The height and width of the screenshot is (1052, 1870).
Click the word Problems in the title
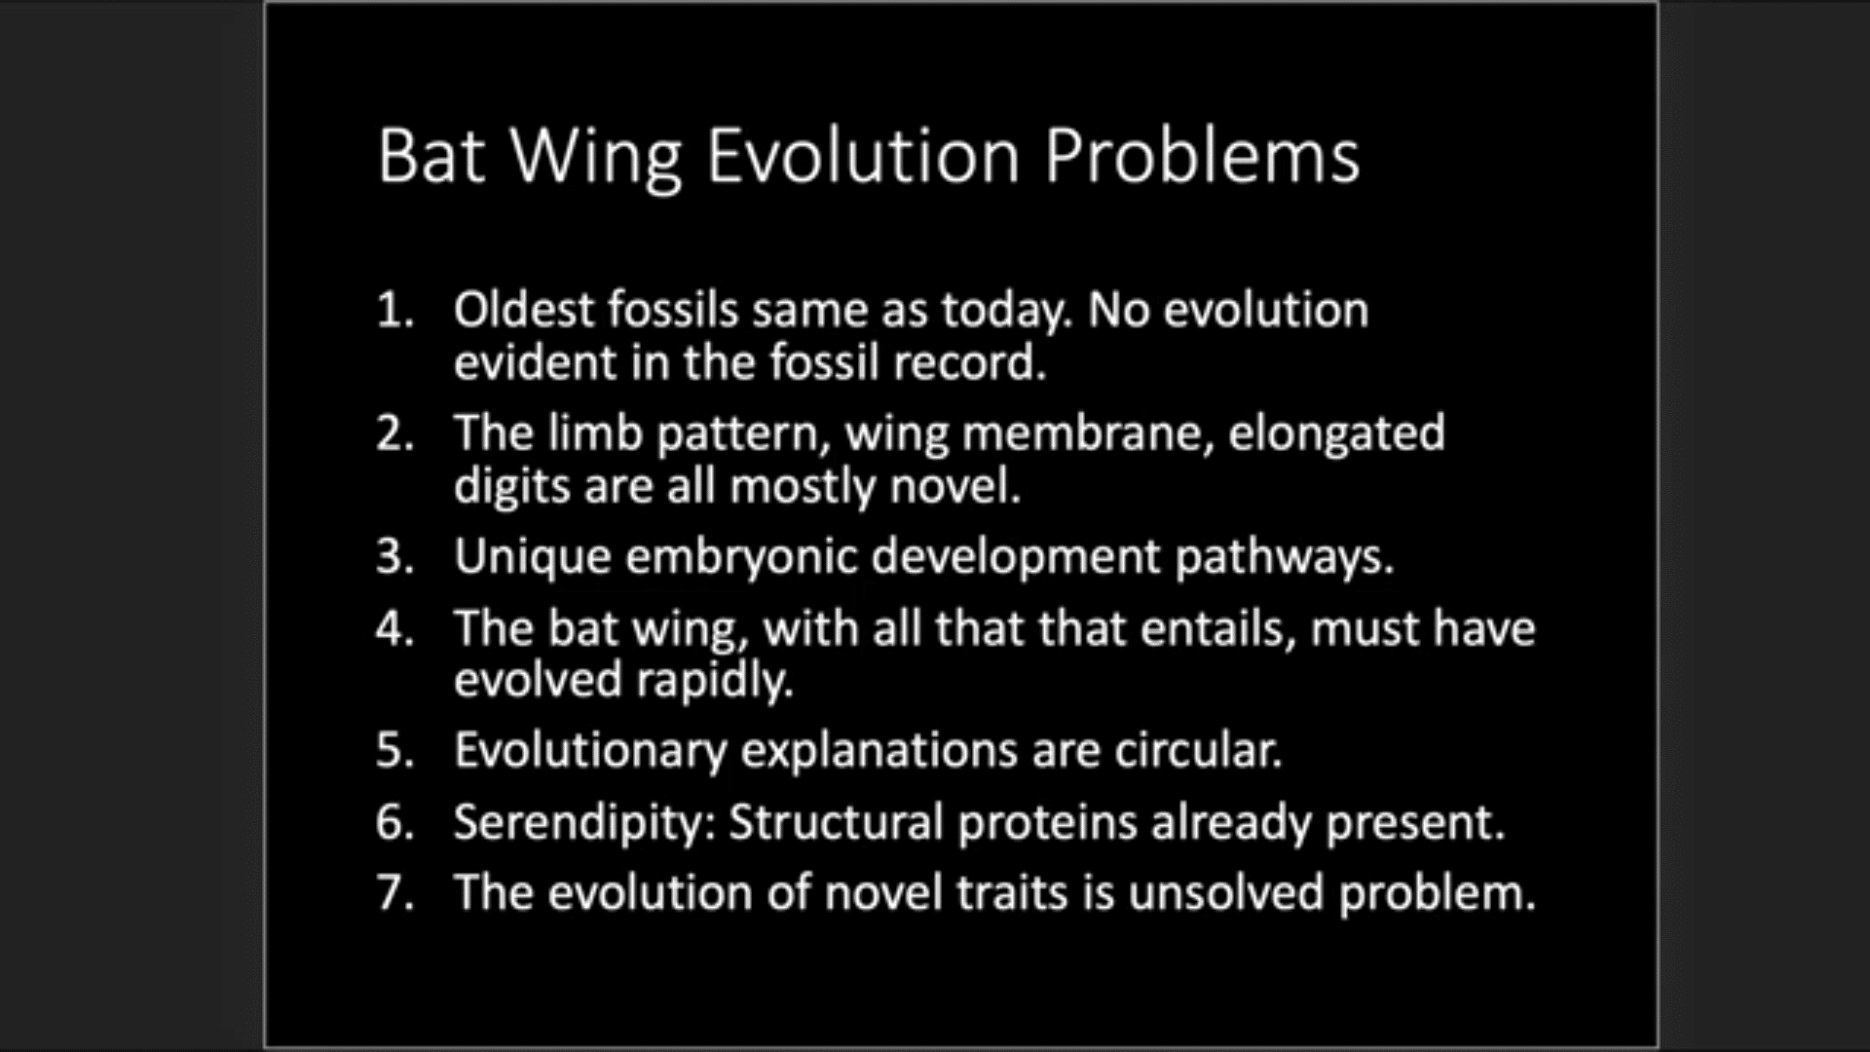(x=1202, y=156)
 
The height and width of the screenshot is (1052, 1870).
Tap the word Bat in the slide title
(x=430, y=156)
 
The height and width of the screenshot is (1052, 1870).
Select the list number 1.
(x=394, y=311)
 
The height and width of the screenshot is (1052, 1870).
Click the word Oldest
(x=523, y=310)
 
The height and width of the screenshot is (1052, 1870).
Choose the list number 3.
(x=394, y=557)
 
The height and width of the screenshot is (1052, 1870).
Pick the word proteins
(x=1047, y=823)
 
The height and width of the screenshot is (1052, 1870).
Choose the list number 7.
(x=394, y=893)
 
